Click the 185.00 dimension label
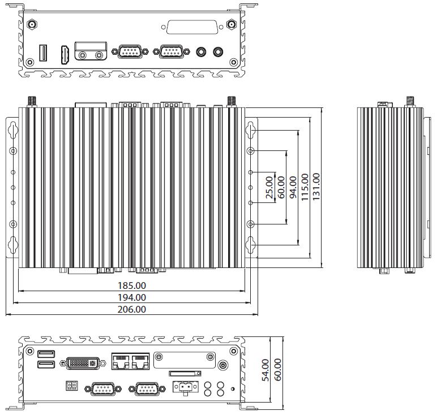(x=131, y=286)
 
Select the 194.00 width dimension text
(x=131, y=297)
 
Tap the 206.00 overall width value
(x=131, y=309)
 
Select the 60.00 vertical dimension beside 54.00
(x=277, y=370)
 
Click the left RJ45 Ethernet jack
(x=121, y=362)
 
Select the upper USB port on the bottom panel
(x=46, y=355)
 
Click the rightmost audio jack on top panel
(x=219, y=52)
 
